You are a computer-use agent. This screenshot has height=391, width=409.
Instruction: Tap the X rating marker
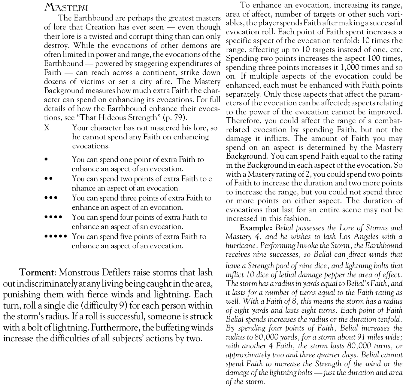[47, 128]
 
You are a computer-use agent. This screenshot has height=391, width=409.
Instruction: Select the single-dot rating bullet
[46, 159]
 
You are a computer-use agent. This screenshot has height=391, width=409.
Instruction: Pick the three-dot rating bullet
[50, 198]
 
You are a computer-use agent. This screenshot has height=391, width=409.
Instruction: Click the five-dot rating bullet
[55, 236]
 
